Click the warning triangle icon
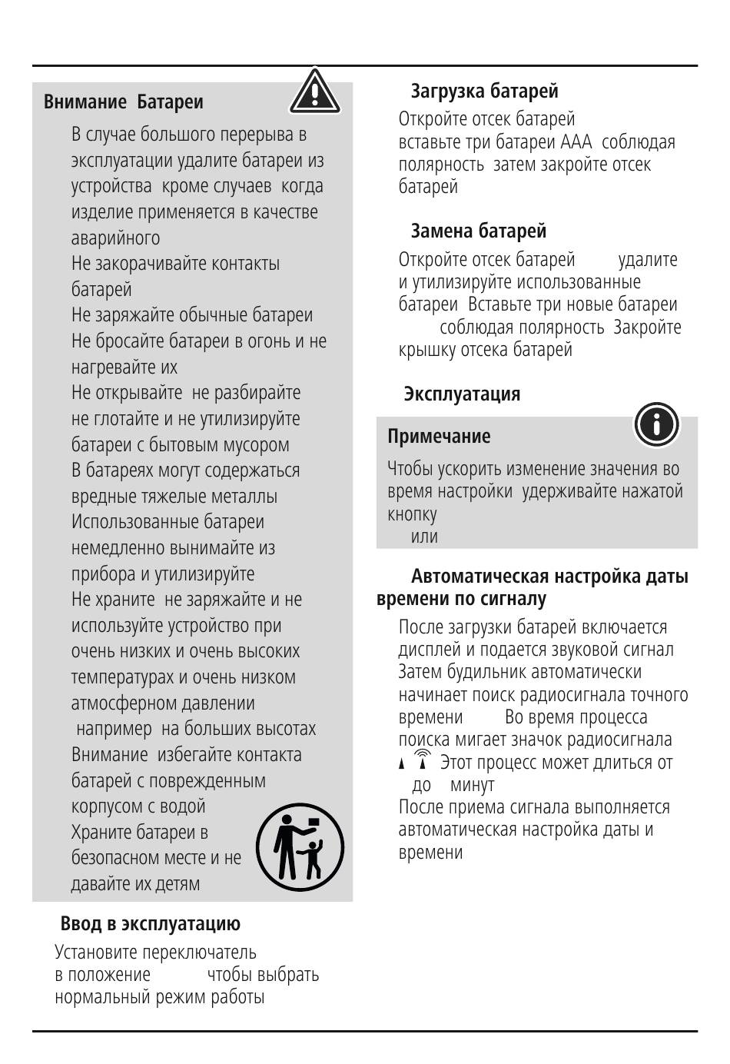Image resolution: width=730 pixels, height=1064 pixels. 315,92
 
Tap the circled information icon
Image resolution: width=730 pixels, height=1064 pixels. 656,424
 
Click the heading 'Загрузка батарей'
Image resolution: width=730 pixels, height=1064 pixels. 484,91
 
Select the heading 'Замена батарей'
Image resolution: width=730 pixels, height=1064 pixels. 478,231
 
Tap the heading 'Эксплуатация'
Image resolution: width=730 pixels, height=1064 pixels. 462,394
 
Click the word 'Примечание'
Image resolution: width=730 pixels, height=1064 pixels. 439,436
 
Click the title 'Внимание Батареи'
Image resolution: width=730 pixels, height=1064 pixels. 124,101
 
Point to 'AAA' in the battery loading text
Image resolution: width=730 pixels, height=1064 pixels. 576,142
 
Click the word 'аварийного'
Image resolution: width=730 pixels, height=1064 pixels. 115,238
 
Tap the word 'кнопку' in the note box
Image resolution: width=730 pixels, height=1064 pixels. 412,514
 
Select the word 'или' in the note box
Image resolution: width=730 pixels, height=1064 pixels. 424,536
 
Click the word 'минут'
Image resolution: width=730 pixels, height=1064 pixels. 472,785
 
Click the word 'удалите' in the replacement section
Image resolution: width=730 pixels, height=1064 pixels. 648,260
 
